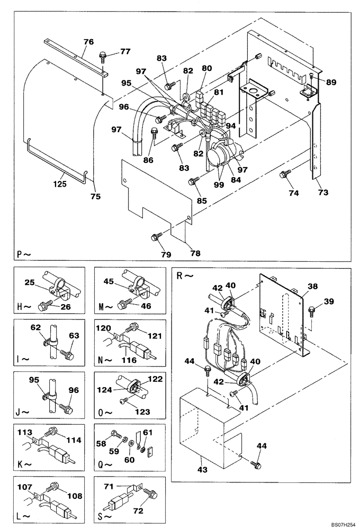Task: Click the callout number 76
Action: point(88,42)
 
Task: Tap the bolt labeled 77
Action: point(103,56)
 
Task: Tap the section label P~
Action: point(24,253)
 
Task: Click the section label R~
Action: point(182,276)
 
